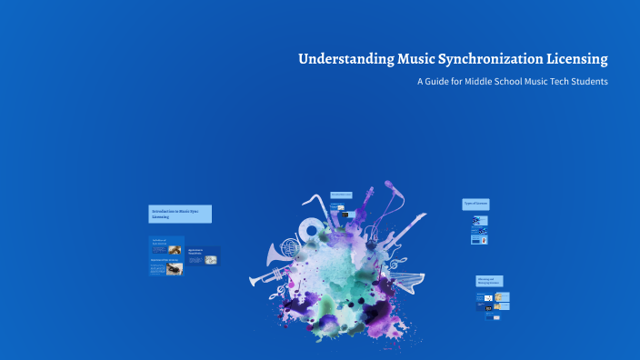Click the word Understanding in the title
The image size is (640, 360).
tap(345, 60)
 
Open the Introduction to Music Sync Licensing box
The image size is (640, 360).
tap(180, 214)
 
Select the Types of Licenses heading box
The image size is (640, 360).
tap(475, 204)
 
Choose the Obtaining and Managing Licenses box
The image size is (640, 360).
tap(489, 281)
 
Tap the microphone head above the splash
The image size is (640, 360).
tap(390, 186)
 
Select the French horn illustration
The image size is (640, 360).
tap(289, 247)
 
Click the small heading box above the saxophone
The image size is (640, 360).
tap(340, 195)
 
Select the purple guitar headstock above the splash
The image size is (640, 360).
tap(369, 195)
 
